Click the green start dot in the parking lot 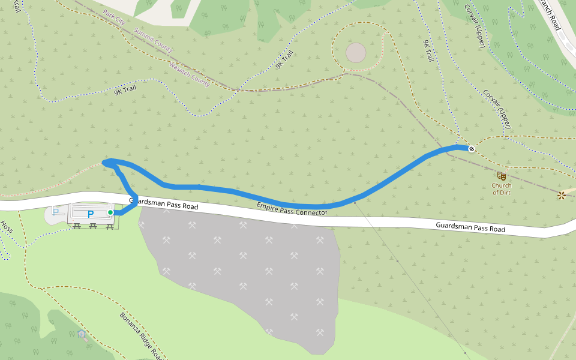(110, 212)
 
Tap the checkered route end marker (472, 148)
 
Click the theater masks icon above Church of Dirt (502, 176)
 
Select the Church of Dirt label (502, 189)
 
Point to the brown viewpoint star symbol (562, 195)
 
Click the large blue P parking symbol (91, 214)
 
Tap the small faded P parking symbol (56, 211)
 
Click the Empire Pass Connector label (292, 209)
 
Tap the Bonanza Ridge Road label (142, 336)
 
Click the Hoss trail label (7, 227)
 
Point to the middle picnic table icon (93, 226)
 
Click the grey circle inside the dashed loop (356, 53)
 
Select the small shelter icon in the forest (82, 333)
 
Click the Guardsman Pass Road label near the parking (163, 203)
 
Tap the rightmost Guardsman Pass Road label (470, 227)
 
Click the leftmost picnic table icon (77, 226)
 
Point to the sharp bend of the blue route (106, 161)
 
